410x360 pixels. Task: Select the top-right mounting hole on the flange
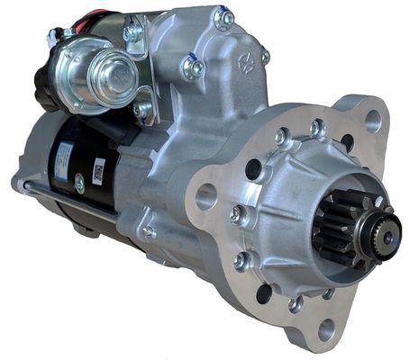[371, 120]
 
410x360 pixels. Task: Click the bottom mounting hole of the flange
[326, 328]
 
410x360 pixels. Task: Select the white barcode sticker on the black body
[98, 169]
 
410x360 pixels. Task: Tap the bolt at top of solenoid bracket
[132, 33]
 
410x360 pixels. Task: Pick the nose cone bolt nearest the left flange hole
[236, 213]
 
